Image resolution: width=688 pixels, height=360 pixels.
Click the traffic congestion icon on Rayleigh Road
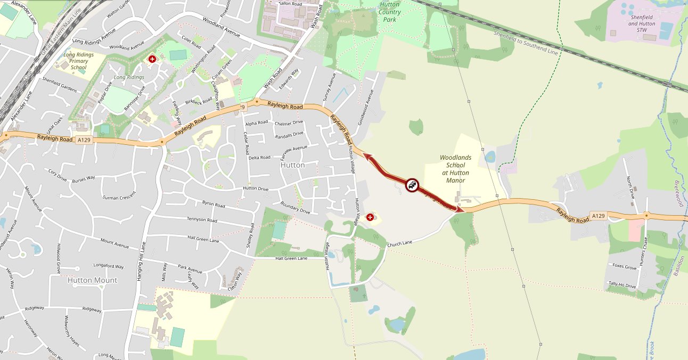pos(412,185)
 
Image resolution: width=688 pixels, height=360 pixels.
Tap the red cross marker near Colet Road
pos(152,59)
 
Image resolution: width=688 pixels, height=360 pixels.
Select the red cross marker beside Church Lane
pos(370,217)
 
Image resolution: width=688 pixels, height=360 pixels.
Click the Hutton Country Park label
pos(390,12)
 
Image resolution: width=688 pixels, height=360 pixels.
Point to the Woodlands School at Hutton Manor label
pos(448,169)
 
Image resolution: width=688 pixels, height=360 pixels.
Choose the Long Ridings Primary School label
pos(78,61)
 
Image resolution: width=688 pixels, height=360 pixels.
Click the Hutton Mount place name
pos(92,280)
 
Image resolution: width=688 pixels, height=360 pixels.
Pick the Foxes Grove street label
pos(624,267)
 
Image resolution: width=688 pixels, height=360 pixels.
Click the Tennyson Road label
pos(202,219)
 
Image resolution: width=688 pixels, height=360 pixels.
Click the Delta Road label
pos(259,158)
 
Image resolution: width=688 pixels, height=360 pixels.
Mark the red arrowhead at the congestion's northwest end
pos(367,155)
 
